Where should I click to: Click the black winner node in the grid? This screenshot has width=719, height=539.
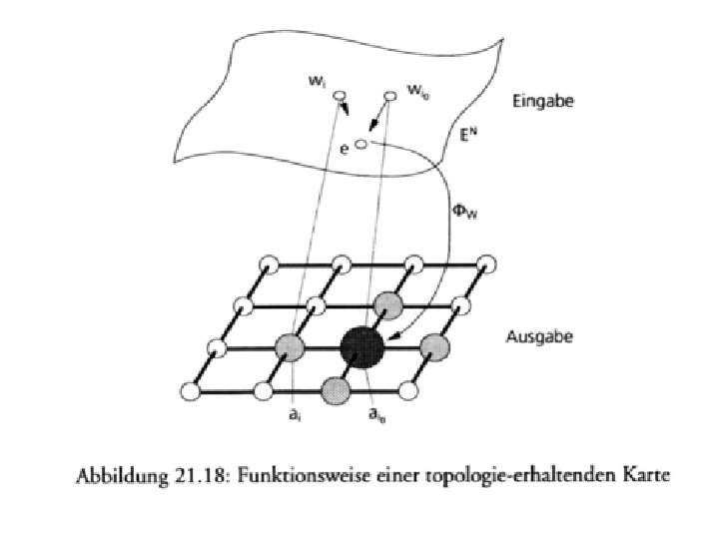(361, 345)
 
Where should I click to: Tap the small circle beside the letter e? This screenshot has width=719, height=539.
(360, 144)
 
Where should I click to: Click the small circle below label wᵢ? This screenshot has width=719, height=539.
(340, 97)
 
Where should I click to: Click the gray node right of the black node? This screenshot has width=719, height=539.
(435, 346)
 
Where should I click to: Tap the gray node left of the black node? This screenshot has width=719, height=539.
(289, 346)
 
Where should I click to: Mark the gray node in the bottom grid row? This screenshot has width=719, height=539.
(336, 387)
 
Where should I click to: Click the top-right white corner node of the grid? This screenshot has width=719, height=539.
(487, 265)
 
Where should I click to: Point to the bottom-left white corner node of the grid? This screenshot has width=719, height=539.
(190, 388)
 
